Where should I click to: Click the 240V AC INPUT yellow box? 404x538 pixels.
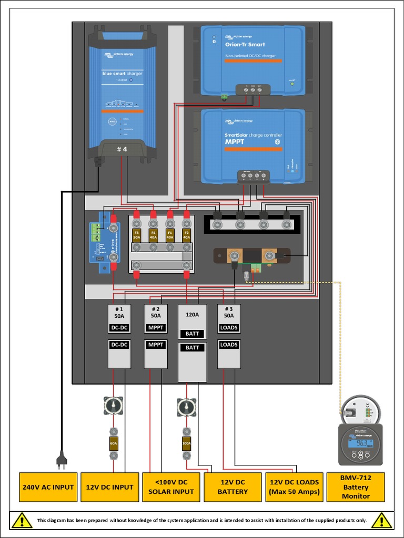(48, 487)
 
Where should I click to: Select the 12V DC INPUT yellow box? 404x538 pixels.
(109, 487)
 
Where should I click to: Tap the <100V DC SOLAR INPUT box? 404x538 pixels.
(171, 487)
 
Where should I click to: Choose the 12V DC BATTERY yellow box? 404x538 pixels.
(233, 487)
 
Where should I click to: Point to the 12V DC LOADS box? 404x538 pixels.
(294, 487)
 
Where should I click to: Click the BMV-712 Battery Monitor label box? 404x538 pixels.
(356, 487)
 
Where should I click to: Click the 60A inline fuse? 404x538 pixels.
(114, 443)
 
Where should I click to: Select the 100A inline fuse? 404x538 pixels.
(186, 443)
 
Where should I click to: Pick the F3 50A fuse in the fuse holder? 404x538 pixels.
(136, 234)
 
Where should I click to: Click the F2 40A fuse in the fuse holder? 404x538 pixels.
(186, 234)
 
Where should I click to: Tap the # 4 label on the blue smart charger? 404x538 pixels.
(122, 150)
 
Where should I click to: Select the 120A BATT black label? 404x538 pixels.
(192, 334)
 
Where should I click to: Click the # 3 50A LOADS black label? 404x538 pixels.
(229, 327)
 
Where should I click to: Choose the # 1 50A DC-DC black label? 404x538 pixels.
(119, 327)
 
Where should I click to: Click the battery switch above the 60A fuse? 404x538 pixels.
(114, 406)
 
